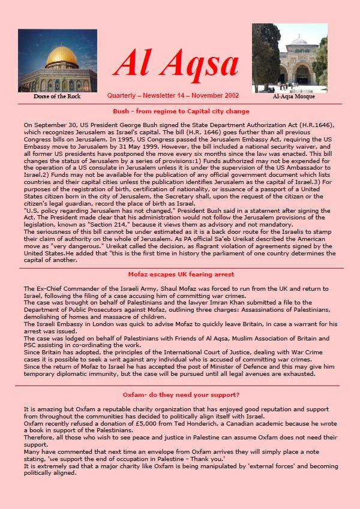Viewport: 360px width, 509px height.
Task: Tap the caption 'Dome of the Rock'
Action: coord(57,96)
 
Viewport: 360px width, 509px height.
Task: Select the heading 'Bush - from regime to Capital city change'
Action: coord(181,112)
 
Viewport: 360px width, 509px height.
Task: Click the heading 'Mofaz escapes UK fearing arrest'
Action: coord(180,274)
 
